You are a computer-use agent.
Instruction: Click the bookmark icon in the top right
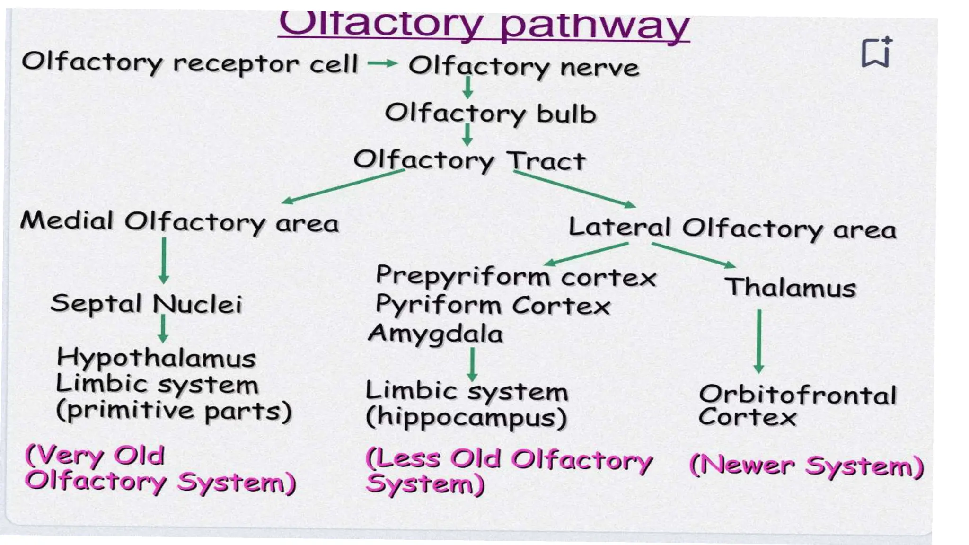[x=876, y=52]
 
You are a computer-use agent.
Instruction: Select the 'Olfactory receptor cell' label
[x=190, y=63]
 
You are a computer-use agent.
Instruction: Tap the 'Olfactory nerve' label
[x=524, y=67]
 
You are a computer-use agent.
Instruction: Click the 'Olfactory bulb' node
[x=490, y=114]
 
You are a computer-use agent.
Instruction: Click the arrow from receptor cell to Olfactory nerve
[x=382, y=63]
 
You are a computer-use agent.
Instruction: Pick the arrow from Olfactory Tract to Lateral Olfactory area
[x=574, y=188]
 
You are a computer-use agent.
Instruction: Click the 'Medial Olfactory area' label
[x=179, y=222]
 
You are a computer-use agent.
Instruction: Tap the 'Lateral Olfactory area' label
[x=732, y=228]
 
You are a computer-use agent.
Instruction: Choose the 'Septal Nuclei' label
[x=146, y=304]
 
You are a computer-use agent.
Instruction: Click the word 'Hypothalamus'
[x=156, y=358]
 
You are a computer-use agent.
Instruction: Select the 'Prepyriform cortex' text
[x=516, y=276]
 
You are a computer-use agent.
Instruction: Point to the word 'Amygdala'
[x=435, y=334]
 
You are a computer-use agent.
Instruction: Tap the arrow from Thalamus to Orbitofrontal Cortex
[x=759, y=341]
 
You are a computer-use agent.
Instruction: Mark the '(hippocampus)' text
[x=466, y=418]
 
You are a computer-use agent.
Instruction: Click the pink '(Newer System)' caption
[x=806, y=466]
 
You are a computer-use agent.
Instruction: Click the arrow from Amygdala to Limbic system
[x=472, y=364]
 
